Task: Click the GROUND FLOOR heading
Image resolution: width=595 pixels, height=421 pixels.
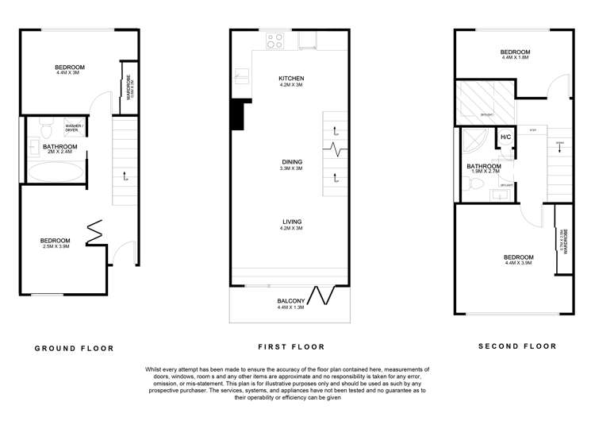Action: tap(74, 348)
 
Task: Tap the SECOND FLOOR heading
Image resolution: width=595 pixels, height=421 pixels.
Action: tap(517, 346)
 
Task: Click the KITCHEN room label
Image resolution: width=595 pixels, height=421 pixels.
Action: tap(291, 79)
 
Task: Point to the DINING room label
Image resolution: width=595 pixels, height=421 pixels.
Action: tap(291, 162)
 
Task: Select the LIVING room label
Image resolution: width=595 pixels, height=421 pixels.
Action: tap(291, 222)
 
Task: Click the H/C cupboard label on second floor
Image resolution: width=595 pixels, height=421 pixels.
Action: tap(505, 137)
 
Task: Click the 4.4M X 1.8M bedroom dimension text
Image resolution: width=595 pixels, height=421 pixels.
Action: tap(515, 58)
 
